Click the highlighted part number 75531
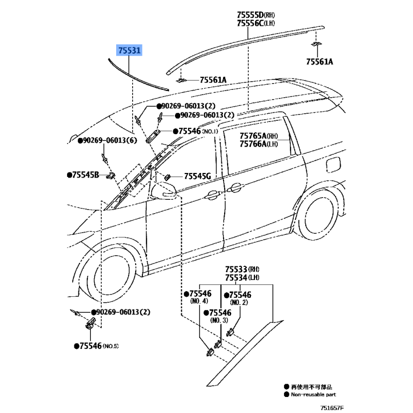[130, 51]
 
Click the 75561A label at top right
[319, 62]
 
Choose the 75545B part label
[85, 176]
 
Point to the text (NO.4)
[199, 301]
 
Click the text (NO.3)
[219, 321]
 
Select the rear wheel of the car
[319, 214]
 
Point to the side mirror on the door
[164, 190]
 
